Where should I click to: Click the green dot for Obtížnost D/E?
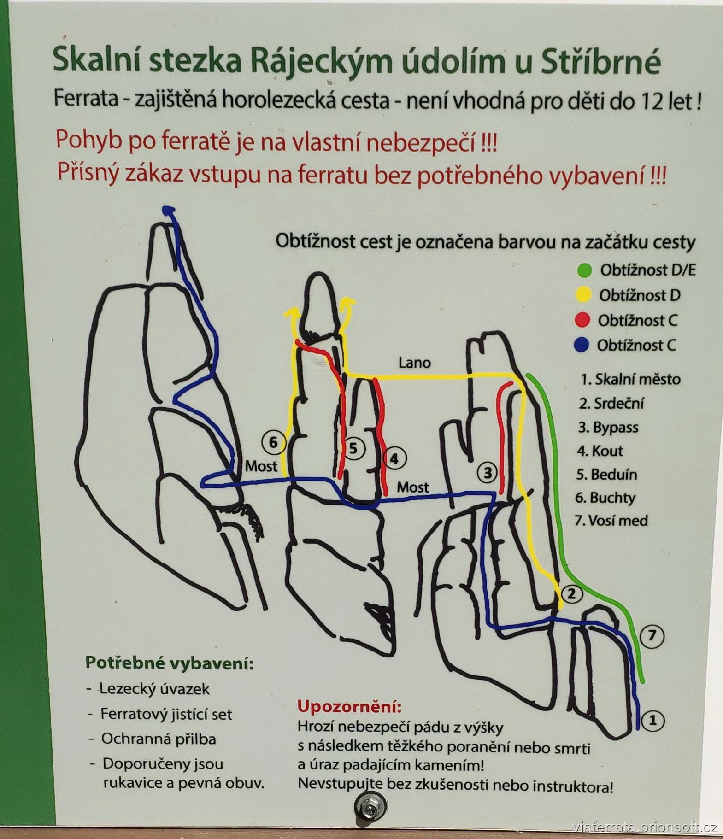tap(584, 270)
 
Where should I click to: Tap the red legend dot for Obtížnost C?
tap(583, 320)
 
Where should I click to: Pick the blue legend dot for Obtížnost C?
tap(582, 345)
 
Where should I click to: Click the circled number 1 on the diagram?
tap(652, 721)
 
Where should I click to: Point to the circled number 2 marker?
tap(571, 594)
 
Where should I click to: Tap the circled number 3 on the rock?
tap(488, 472)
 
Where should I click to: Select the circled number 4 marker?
tap(394, 458)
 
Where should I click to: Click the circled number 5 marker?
tap(353, 448)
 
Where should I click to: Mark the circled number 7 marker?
tap(652, 636)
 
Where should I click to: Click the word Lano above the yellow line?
tap(414, 363)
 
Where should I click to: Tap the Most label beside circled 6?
tap(261, 466)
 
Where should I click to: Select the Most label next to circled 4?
tap(413, 487)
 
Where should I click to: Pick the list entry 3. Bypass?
tap(608, 428)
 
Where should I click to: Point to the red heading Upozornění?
tap(349, 706)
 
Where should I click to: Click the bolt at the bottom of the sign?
tap(370, 807)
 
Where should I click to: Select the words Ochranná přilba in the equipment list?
tap(159, 739)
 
